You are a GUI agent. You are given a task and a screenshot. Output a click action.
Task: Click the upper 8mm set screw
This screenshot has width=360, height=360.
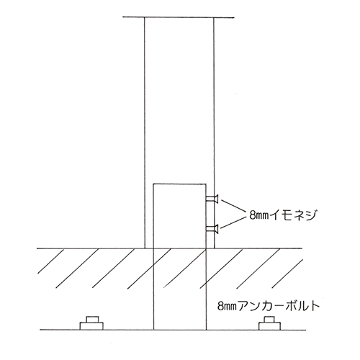(x=212, y=199)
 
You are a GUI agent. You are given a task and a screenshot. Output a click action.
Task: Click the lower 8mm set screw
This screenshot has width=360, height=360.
(x=212, y=229)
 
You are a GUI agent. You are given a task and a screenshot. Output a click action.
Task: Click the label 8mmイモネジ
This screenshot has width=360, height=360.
(x=282, y=215)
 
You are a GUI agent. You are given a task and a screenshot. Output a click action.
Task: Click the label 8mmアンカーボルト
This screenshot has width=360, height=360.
(x=269, y=306)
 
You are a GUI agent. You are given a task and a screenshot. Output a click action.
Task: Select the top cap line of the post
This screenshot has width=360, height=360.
(x=179, y=17)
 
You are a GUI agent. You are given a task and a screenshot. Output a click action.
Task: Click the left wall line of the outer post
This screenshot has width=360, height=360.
(x=145, y=132)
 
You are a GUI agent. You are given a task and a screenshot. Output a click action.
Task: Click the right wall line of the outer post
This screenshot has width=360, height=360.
(x=214, y=132)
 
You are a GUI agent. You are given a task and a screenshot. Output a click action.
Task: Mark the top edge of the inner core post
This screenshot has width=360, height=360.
(x=180, y=184)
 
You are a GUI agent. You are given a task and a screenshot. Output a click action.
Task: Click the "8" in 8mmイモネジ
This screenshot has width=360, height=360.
(x=252, y=215)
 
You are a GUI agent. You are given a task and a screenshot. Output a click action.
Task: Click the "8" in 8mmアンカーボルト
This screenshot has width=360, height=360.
(x=220, y=307)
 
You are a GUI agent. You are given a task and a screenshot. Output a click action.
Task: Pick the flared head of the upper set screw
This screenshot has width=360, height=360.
(x=216, y=199)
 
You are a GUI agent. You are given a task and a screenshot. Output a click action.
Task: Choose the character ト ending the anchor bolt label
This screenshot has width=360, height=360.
(x=315, y=306)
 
